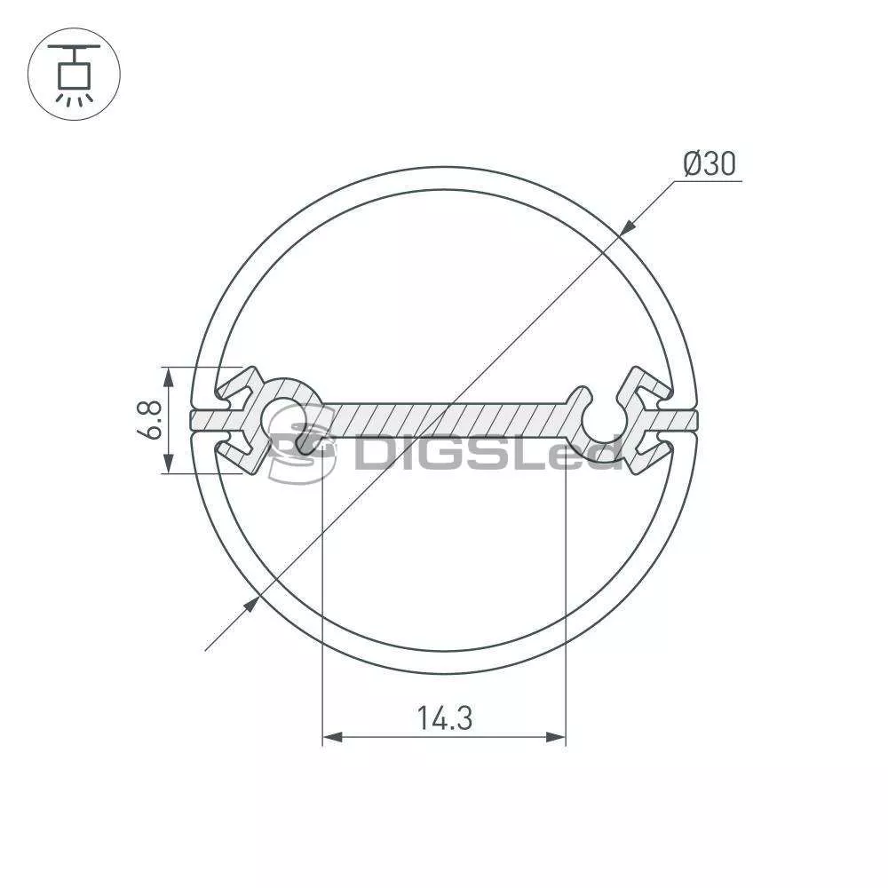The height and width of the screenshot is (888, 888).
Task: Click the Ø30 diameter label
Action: [x=710, y=163]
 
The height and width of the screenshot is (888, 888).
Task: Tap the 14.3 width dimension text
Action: [x=444, y=718]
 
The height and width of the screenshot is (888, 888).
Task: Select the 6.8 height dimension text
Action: [x=149, y=420]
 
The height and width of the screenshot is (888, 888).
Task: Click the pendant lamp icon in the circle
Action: [x=75, y=75]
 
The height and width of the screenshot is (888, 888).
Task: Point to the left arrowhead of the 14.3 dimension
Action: [x=332, y=737]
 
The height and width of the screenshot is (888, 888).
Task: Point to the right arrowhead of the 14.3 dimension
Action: [x=556, y=737]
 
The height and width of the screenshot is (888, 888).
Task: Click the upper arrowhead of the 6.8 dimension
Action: [x=167, y=377]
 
